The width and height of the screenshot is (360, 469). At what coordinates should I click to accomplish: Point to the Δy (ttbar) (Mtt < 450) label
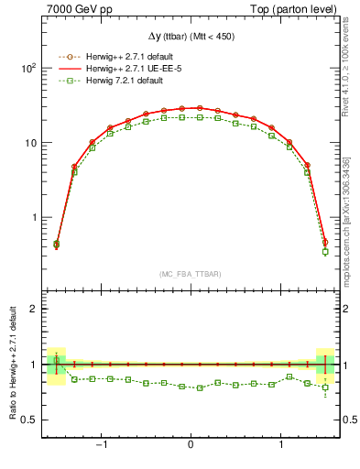[190, 36]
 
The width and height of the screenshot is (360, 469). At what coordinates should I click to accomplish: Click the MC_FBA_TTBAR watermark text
[190, 275]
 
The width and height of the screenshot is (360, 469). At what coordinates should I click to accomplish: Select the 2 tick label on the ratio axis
[31, 309]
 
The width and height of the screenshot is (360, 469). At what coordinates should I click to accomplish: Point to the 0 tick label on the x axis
[190, 446]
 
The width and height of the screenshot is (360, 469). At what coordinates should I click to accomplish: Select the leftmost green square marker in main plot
[56, 245]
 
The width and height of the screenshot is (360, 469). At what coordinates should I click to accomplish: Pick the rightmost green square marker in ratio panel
[324, 387]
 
